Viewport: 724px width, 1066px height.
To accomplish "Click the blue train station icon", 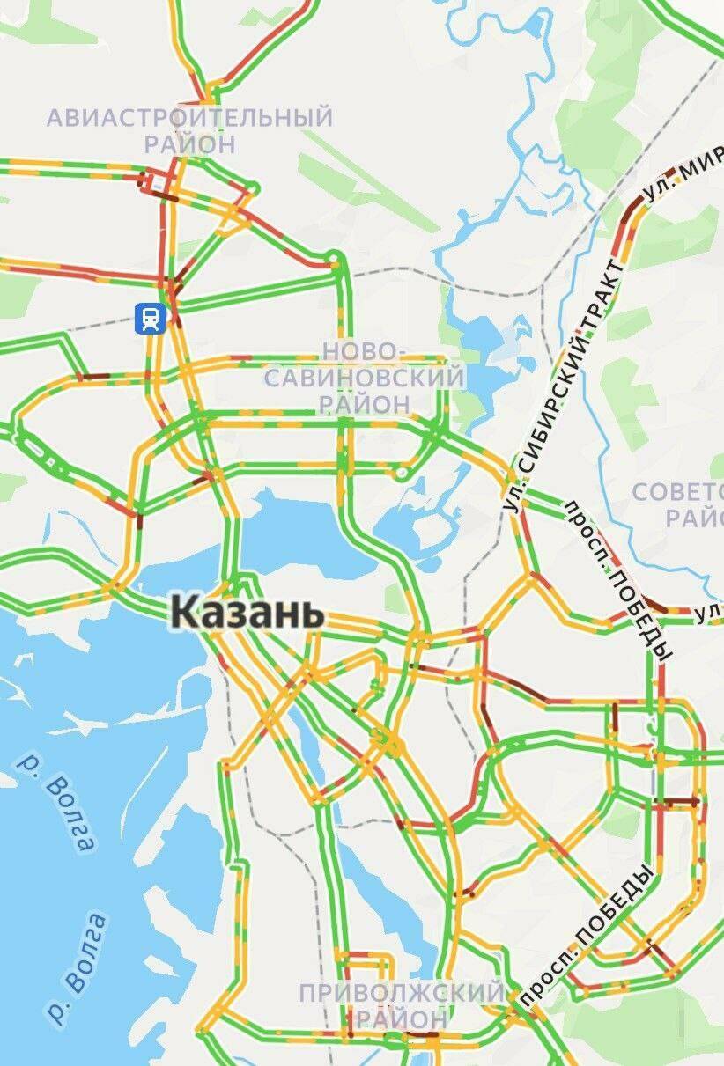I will click(151, 318).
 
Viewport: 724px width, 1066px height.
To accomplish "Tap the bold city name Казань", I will click(247, 611).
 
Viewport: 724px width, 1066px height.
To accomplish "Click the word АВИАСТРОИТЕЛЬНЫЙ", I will click(189, 117).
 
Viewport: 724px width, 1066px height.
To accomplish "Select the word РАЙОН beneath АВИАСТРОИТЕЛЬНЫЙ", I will click(190, 143).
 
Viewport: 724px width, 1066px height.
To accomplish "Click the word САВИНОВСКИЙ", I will click(365, 379).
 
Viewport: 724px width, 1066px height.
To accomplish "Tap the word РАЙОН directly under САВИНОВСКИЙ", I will click(365, 404).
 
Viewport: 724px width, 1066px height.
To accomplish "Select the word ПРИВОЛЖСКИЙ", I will click(402, 993).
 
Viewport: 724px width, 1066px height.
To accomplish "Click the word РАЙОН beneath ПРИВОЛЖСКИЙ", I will click(401, 1019).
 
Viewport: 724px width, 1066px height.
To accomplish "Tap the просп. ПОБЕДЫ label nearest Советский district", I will click(618, 581).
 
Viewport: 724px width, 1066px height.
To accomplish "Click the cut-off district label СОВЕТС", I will click(678, 492).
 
